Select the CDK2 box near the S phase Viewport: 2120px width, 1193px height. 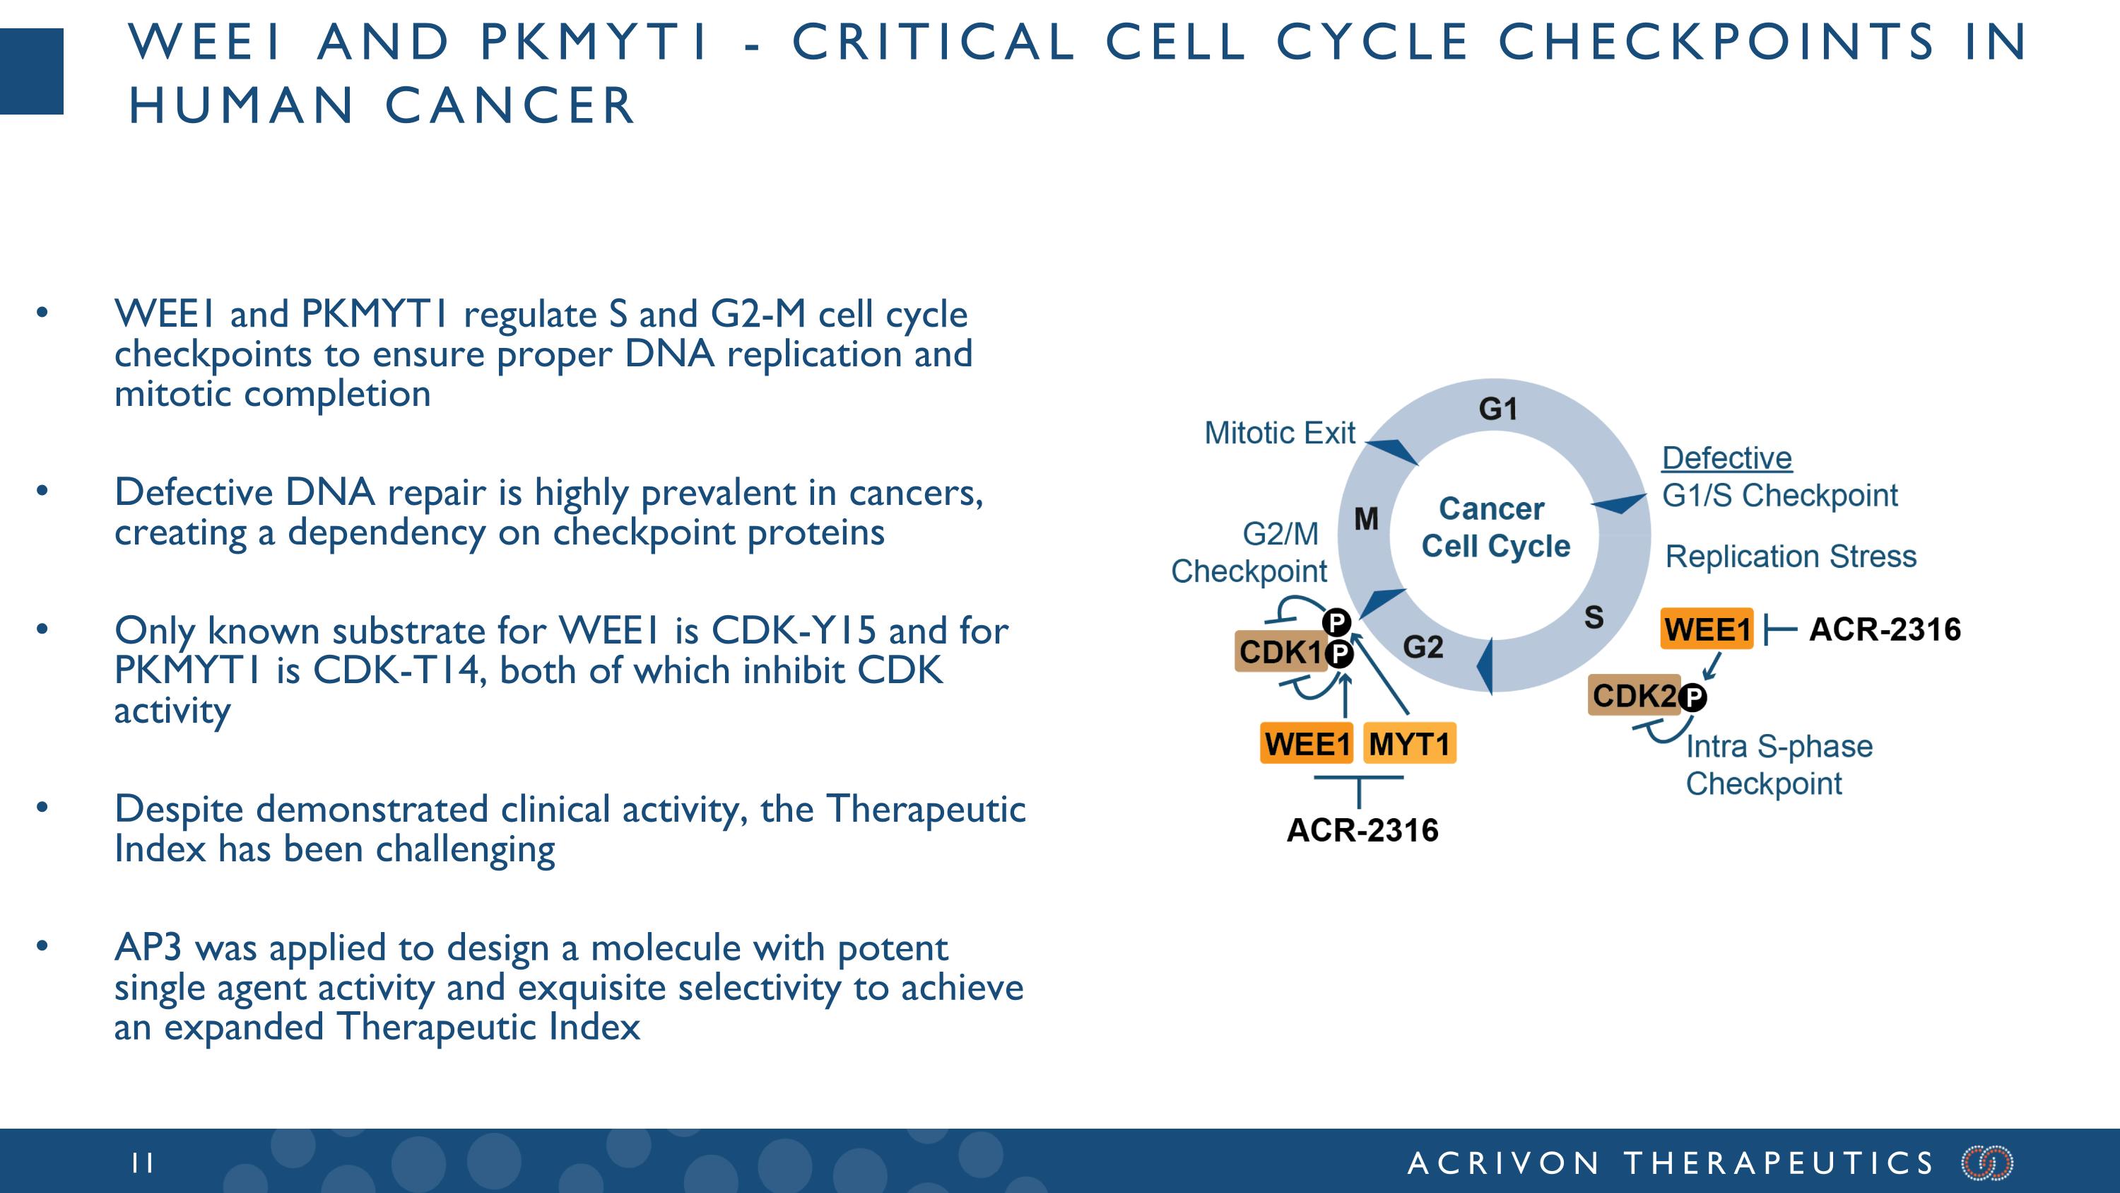pos(1634,696)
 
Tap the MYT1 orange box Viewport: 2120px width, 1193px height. pos(1409,743)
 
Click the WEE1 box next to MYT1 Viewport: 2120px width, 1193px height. pos(1306,743)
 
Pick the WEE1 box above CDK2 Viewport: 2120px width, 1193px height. pos(1707,630)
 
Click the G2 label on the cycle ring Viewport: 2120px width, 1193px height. pos(1423,647)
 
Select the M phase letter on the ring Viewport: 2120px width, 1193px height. pos(1366,518)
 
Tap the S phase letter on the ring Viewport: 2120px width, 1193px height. pos(1594,617)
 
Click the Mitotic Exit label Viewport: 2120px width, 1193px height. pos(1279,433)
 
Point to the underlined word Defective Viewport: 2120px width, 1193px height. pos(1726,458)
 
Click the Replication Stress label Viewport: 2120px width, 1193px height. pos(1791,557)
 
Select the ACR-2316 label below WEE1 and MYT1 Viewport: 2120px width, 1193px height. pos(1362,830)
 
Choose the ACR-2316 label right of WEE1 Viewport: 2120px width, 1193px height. pos(1885,630)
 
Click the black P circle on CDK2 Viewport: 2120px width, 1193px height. pos(1693,698)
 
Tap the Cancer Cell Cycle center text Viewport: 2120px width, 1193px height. pos(1495,528)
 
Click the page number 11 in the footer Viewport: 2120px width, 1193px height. pos(142,1163)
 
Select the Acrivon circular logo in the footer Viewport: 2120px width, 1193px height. pos(1987,1163)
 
